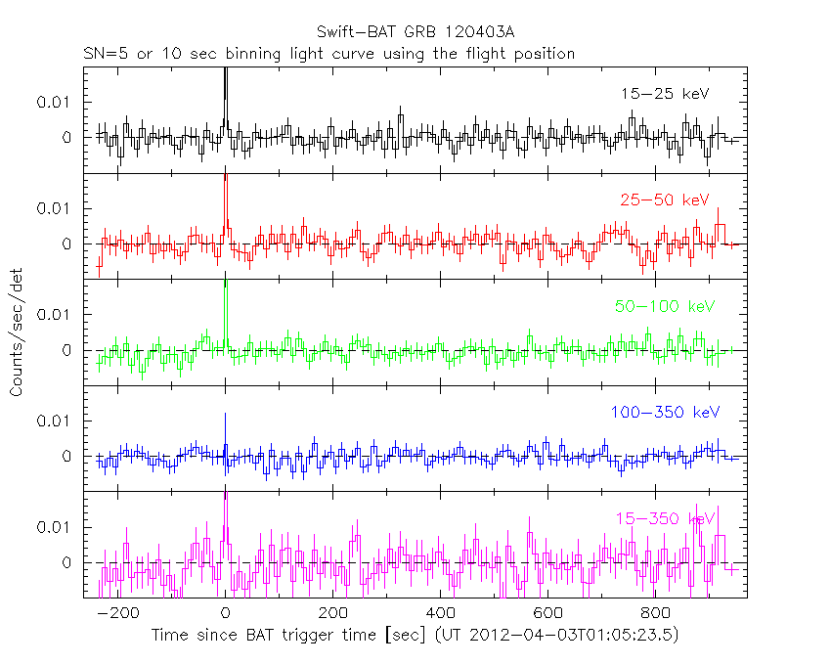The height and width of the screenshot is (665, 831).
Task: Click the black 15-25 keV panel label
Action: pyautogui.click(x=664, y=94)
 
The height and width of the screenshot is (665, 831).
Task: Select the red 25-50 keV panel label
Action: pyautogui.click(x=664, y=200)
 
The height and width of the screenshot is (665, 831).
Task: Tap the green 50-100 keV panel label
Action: pyautogui.click(x=665, y=306)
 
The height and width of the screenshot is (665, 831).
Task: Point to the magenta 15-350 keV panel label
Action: pyautogui.click(x=665, y=518)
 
